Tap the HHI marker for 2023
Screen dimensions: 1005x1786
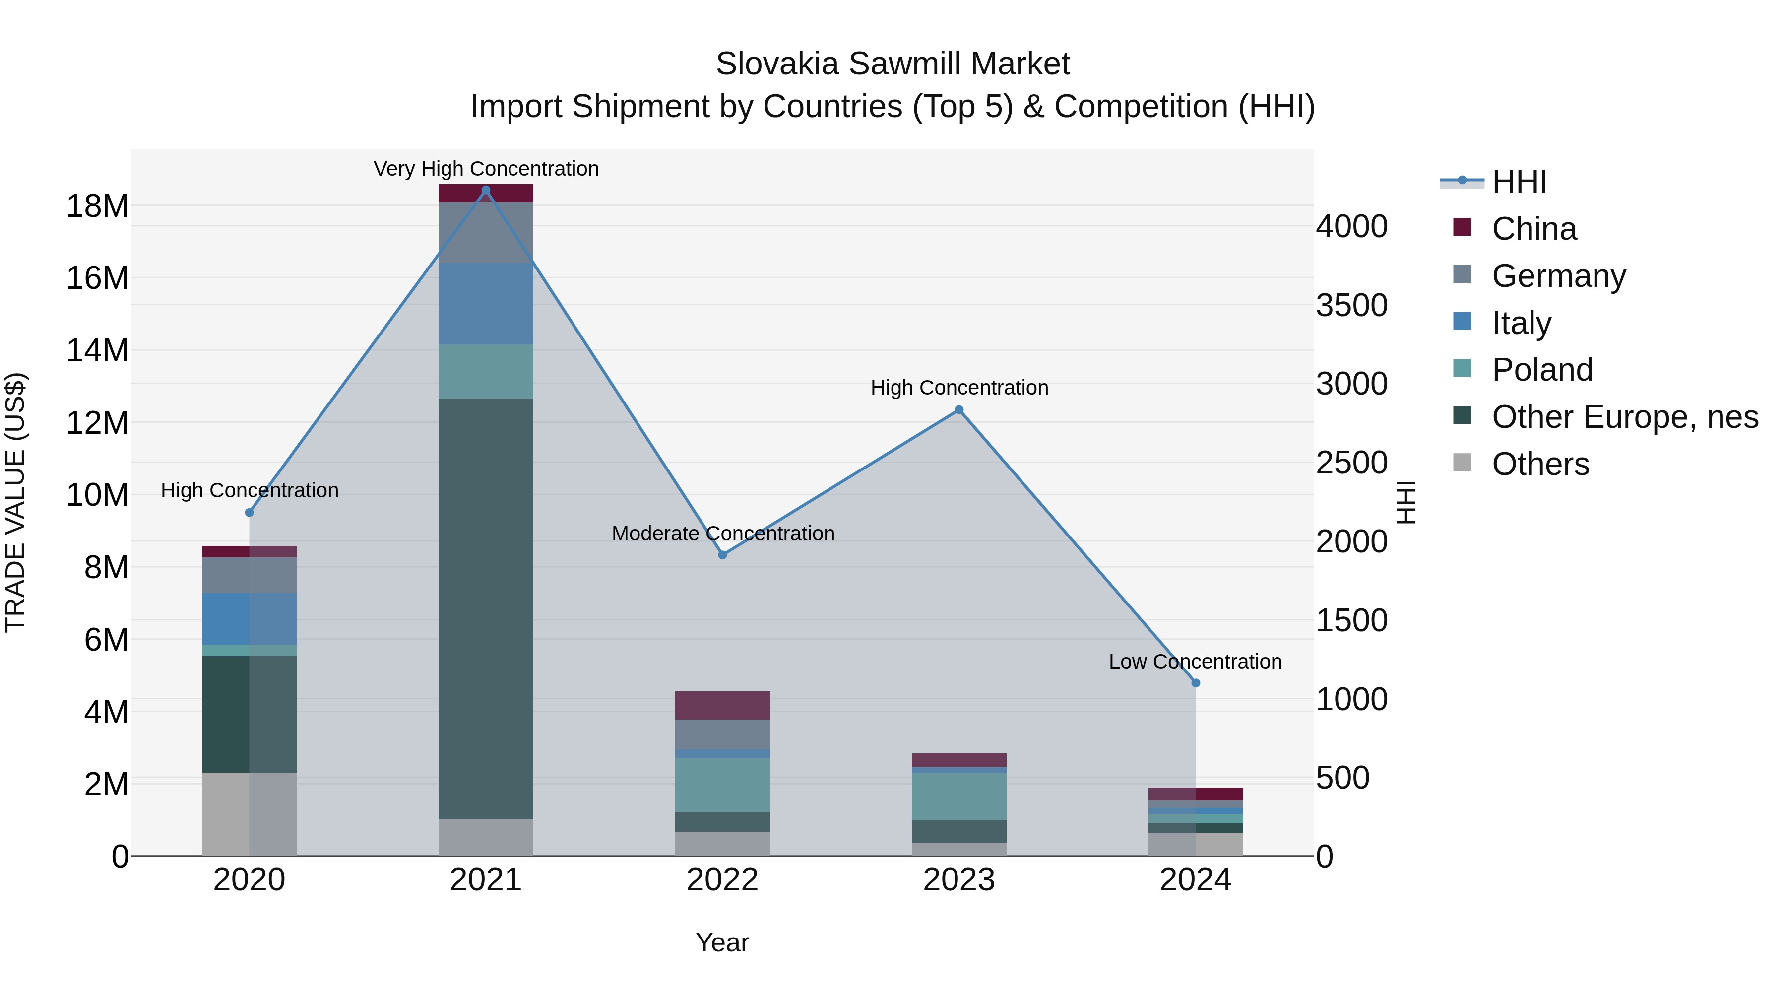pos(959,410)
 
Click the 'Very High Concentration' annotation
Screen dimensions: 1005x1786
pos(486,169)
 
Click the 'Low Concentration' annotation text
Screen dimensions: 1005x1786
pos(1195,662)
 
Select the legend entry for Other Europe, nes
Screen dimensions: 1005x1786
pos(1624,417)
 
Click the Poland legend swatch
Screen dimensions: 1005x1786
pos(1462,368)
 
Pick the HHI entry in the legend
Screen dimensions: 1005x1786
pos(1519,182)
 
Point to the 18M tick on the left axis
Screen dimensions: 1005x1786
pos(97,206)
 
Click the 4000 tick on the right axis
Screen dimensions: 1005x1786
pos(1352,227)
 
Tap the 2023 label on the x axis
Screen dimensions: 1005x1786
pos(959,880)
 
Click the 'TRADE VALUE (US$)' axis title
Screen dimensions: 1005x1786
pos(15,502)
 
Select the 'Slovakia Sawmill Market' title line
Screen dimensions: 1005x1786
pos(893,64)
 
